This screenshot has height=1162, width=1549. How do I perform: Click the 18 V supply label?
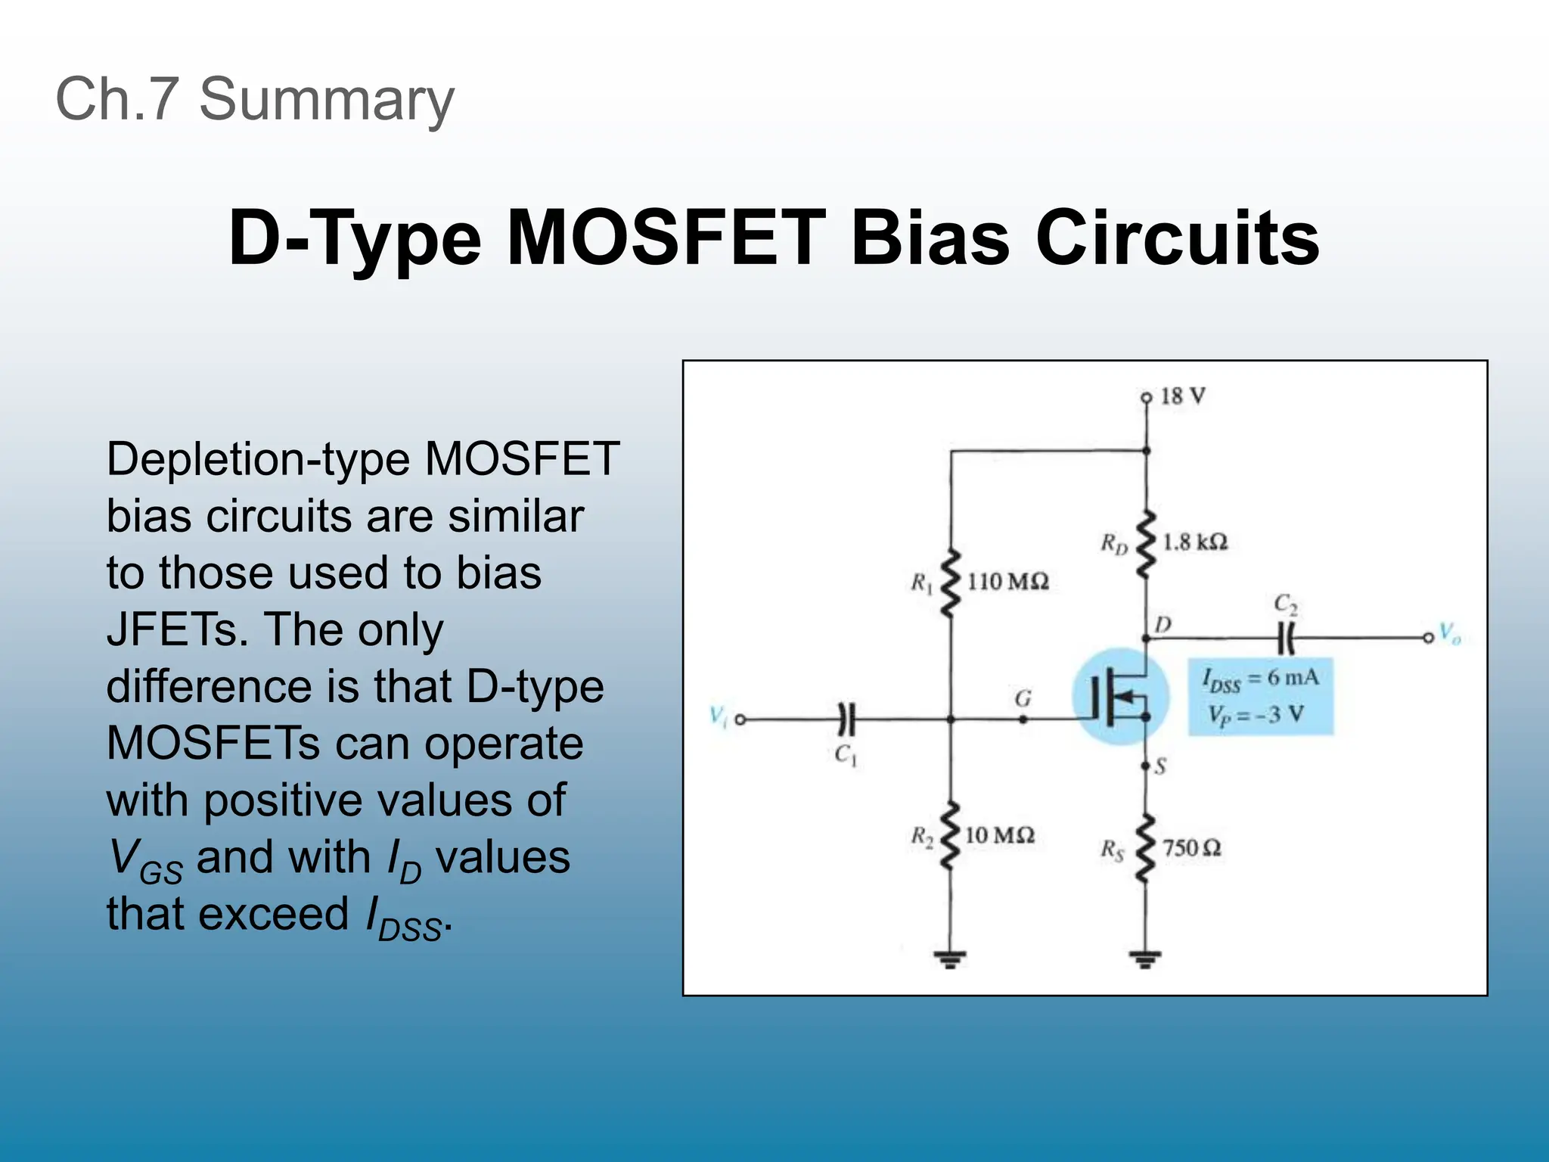click(1183, 396)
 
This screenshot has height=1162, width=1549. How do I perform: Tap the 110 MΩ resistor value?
click(1007, 582)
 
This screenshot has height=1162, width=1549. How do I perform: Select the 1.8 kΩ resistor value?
click(1194, 542)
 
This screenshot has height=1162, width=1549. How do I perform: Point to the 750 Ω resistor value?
click(1191, 848)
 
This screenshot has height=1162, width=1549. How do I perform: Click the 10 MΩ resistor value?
click(999, 835)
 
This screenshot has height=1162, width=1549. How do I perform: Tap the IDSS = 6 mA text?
click(1260, 679)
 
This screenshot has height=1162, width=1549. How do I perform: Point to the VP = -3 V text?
click(1256, 714)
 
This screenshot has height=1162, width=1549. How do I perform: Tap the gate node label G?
click(1023, 698)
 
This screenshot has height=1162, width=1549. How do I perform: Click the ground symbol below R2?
click(950, 960)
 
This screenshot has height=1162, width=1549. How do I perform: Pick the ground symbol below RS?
click(1145, 960)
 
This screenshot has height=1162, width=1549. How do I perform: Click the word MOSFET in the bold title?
click(666, 238)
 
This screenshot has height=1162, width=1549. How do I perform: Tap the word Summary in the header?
click(326, 100)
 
